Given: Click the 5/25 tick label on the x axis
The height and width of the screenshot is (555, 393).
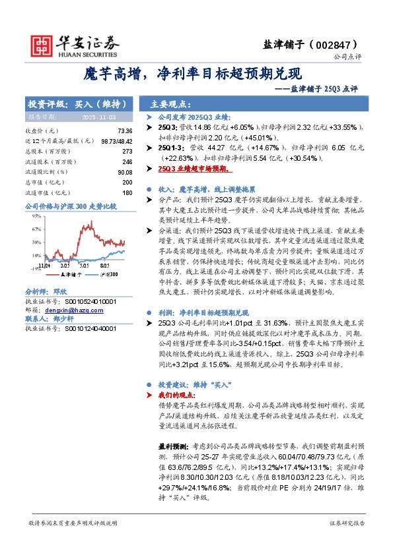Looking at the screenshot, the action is coord(85,265).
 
